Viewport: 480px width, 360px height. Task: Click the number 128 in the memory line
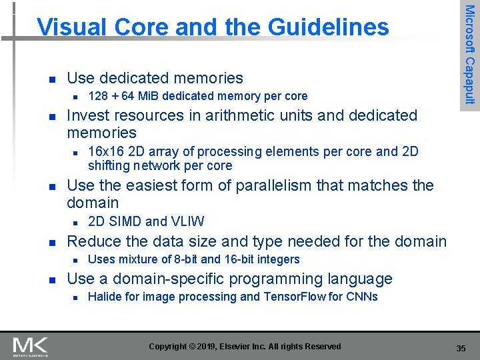(98, 96)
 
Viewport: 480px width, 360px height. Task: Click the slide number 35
(461, 348)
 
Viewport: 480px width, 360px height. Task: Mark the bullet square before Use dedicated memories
(43, 79)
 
